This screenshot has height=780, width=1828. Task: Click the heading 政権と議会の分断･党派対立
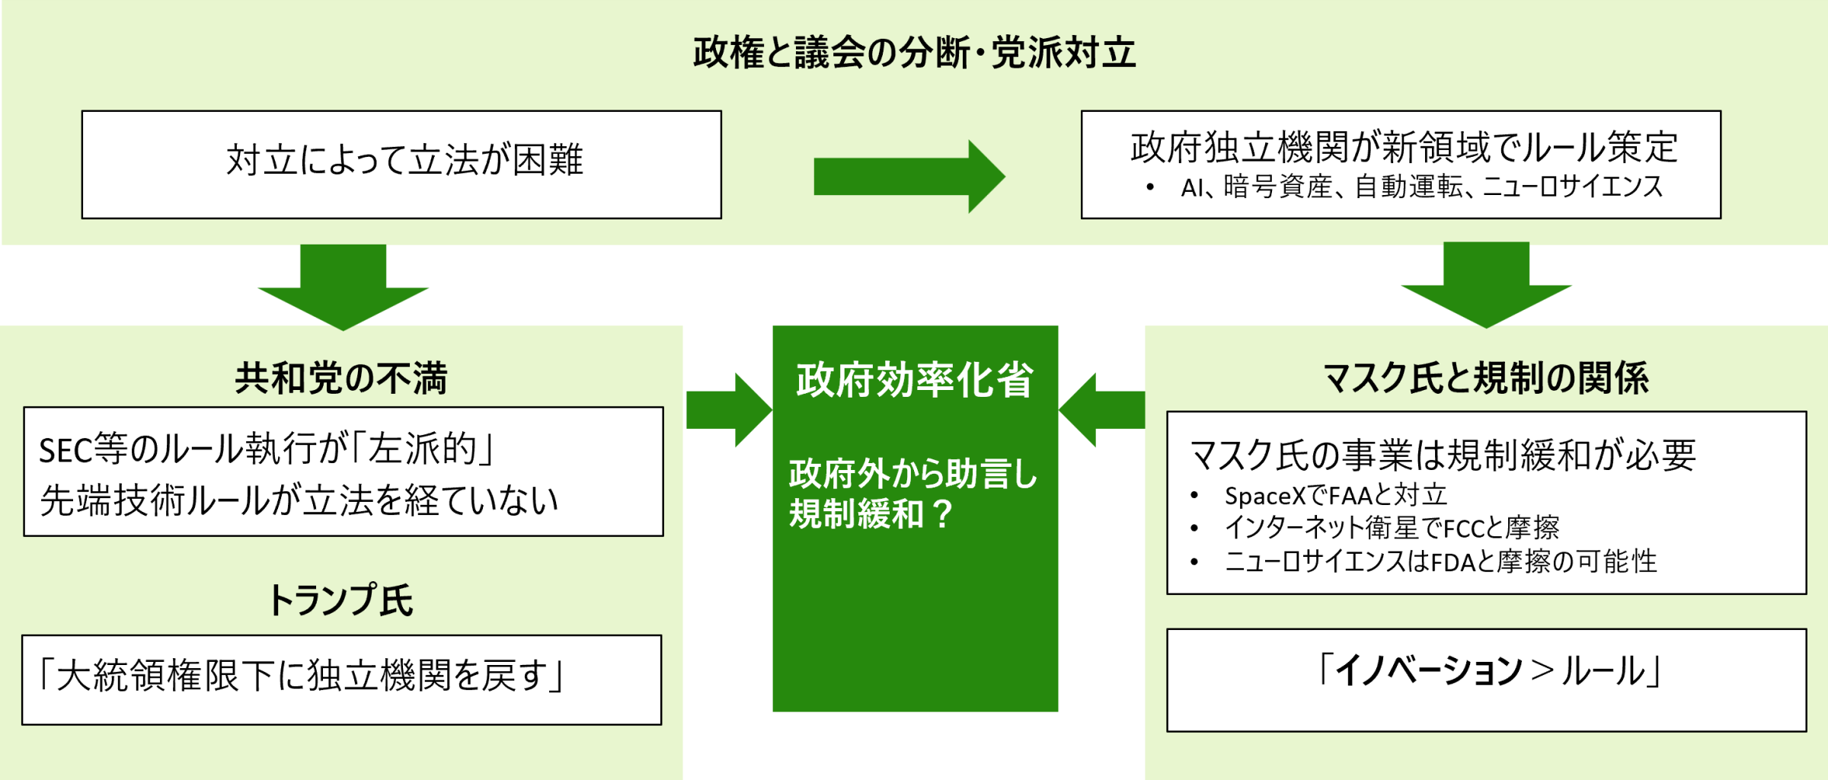914,53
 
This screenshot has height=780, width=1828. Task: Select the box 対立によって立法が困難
402,165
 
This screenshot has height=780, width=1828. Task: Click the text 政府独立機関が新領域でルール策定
1404,147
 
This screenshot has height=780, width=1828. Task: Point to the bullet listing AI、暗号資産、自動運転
1421,187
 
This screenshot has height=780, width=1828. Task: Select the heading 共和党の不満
340,379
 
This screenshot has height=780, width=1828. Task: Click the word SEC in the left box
66,451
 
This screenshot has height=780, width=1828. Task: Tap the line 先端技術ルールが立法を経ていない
299,500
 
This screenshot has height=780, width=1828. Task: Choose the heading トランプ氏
340,600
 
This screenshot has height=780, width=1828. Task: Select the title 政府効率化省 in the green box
915,380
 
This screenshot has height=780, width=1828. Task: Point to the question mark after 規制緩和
942,514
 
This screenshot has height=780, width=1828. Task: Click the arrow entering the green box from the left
728,410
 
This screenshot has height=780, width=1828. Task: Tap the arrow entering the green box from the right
1102,410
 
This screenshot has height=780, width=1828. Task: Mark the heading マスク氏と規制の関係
1486,379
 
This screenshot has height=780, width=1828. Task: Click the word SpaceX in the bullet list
1264,496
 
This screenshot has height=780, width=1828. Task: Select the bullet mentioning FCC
1392,527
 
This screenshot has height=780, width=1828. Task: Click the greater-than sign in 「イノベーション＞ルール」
1542,671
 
